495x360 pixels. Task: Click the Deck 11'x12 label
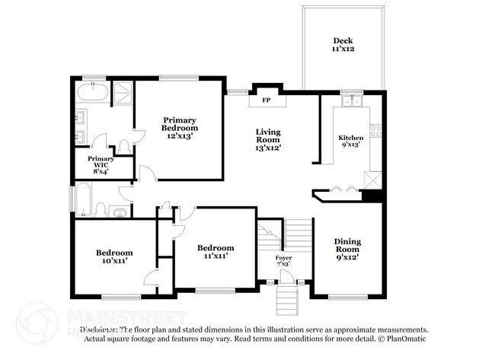[x=343, y=44]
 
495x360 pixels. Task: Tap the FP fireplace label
[x=267, y=100]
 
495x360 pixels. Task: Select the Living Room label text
[x=267, y=140]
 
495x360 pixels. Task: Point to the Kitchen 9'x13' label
[x=351, y=142]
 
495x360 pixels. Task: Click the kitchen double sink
[x=352, y=100]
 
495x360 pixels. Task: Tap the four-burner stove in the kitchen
[x=375, y=130]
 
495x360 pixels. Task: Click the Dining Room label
[x=347, y=249]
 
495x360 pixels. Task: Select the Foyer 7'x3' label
[x=284, y=261]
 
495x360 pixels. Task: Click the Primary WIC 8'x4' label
[x=101, y=164]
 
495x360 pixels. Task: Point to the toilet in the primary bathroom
[x=124, y=145]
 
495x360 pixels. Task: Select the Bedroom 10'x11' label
[x=114, y=256]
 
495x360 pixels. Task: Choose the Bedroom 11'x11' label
[x=216, y=251]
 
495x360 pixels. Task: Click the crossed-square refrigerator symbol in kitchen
[x=373, y=180]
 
